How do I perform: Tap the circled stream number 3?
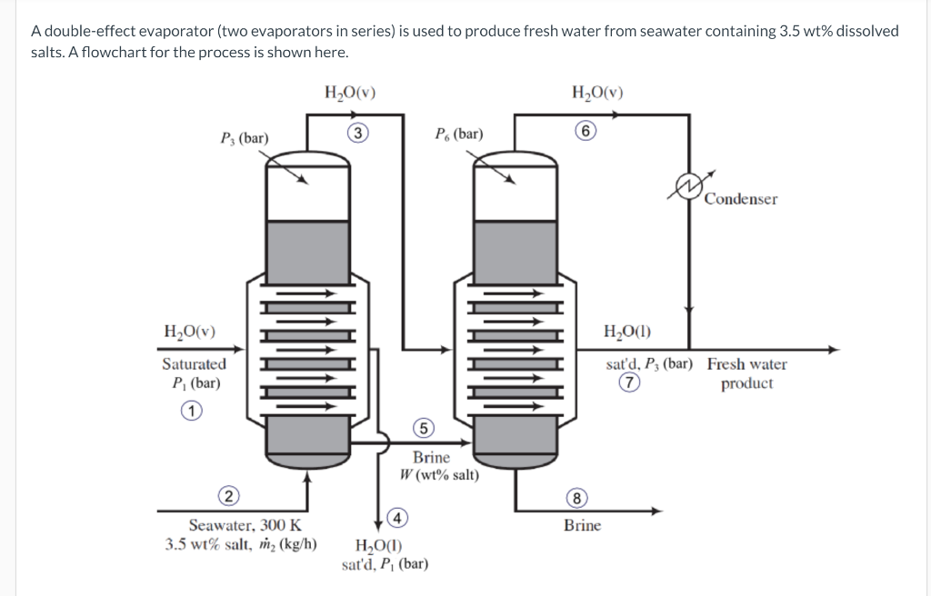pos(360,134)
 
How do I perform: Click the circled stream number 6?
pos(587,131)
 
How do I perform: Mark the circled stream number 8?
pos(576,497)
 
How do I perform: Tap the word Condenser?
pos(741,199)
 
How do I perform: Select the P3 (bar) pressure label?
pos(245,138)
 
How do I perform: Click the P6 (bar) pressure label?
pos(459,134)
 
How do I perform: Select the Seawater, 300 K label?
pos(245,525)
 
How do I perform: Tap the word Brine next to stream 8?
pos(582,525)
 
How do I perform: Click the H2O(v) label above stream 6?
pos(597,92)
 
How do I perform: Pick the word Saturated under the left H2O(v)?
pos(194,363)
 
